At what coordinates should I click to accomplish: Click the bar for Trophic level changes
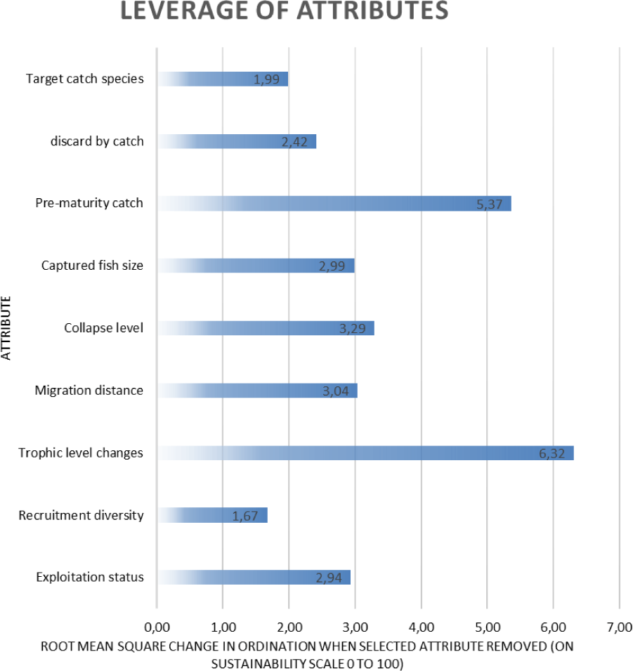point(365,452)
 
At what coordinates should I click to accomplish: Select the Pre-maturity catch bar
point(334,204)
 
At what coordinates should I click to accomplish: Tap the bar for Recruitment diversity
point(212,515)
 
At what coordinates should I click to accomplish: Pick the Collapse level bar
point(266,328)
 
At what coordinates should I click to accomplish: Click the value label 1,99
point(266,79)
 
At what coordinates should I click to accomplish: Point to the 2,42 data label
point(295,142)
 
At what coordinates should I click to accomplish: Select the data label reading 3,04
point(336,391)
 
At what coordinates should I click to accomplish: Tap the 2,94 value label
point(329,578)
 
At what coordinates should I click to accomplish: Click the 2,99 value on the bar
point(333,266)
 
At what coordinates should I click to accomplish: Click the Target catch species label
point(85,79)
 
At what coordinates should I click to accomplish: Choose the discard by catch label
point(97,141)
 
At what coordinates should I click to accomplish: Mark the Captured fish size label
point(92,266)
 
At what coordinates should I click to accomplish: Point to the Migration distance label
point(89,390)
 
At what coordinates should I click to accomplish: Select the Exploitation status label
point(89,577)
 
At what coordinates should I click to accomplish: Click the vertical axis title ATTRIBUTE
point(6,328)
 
